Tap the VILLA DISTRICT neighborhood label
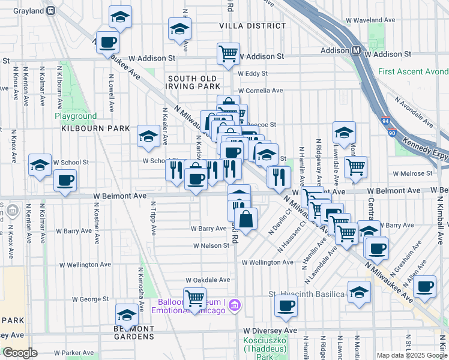(252, 26)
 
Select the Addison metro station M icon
(355, 51)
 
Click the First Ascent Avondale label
(413, 71)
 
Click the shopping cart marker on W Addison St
(228, 53)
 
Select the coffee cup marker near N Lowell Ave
(107, 43)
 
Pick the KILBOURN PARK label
(86, 128)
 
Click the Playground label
(76, 116)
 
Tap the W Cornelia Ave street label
(260, 91)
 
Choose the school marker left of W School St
(40, 165)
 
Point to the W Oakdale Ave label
(208, 280)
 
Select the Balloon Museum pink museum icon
(235, 306)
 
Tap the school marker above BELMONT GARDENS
(127, 314)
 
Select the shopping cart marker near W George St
(194, 298)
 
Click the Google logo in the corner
(19, 352)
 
